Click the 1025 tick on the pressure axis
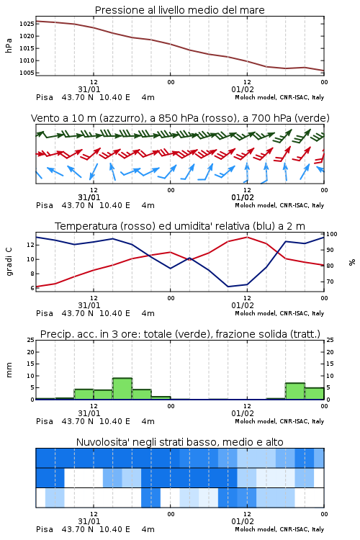point(27,24)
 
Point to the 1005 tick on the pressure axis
point(27,73)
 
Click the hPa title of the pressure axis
point(9,45)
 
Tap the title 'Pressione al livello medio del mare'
point(179,10)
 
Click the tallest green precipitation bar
point(122,389)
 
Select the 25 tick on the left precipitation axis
point(31,340)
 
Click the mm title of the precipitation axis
point(9,370)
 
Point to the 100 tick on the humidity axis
point(332,234)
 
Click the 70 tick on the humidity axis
point(330,282)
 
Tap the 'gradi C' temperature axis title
point(9,262)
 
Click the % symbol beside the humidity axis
point(352,262)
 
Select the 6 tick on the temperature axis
point(32,288)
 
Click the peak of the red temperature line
point(247,237)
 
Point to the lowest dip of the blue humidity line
point(228,287)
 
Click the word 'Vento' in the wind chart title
point(42,118)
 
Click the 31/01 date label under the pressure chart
point(89,89)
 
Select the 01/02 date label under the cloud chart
point(243,521)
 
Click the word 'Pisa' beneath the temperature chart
point(45,313)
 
